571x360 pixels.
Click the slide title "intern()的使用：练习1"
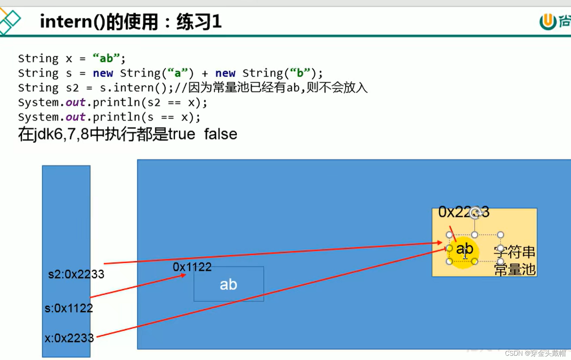[x=131, y=22]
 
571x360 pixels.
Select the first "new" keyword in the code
[x=103, y=73]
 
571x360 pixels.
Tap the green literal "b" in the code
[x=300, y=73]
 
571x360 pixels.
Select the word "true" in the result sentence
[x=182, y=134]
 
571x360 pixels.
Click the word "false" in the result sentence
[x=220, y=134]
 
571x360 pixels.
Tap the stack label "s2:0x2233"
[x=76, y=274]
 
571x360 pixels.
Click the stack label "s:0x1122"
[x=68, y=308]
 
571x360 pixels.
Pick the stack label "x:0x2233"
[x=69, y=338]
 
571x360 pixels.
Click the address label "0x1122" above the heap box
[x=192, y=267]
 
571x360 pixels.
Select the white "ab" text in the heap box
[x=228, y=284]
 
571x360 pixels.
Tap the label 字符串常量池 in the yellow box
[x=515, y=261]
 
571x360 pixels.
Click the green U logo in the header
[x=548, y=22]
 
